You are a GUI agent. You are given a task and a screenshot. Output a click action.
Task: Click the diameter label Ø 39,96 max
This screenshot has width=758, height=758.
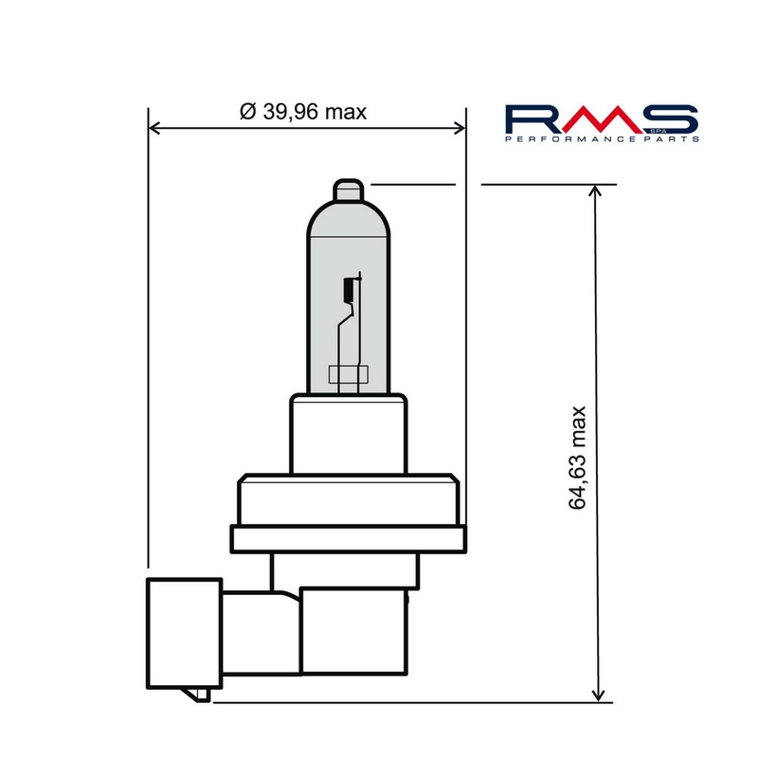coord(303,112)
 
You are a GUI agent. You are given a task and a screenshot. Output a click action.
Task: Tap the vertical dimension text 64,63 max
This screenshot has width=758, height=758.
coord(579,459)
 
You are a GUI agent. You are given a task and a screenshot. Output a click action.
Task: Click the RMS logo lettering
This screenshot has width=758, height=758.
coord(601,119)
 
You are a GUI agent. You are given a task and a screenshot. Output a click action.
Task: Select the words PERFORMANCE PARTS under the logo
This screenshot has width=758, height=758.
coord(601,139)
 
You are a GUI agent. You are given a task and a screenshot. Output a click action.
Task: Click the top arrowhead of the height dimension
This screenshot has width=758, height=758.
coord(596,192)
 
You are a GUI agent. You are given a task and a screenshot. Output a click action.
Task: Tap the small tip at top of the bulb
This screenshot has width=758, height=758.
coord(349,189)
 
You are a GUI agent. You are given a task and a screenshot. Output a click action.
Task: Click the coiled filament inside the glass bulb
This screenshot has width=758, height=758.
coord(348,288)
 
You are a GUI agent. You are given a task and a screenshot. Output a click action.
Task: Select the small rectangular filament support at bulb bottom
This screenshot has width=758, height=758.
coord(346,376)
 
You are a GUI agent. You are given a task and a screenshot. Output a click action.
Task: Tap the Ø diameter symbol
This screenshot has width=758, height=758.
coord(248,112)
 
